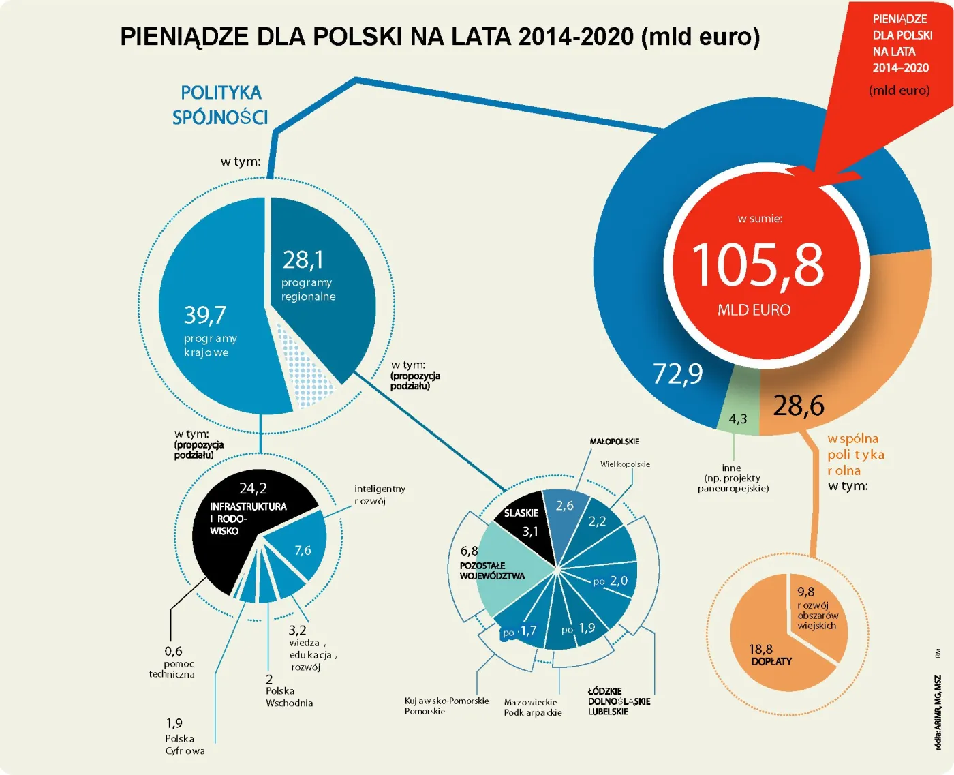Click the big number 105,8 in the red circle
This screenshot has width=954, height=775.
tap(758, 264)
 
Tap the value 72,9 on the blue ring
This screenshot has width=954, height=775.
tap(677, 374)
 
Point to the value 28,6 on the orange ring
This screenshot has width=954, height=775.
tap(798, 406)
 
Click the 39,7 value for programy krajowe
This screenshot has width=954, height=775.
tap(204, 315)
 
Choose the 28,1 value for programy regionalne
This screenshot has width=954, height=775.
tap(303, 260)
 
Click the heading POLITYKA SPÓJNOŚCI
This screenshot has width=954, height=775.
tap(221, 105)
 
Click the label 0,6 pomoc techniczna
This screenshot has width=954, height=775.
tap(172, 662)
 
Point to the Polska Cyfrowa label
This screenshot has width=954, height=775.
tap(185, 744)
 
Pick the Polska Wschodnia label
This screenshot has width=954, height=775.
tap(289, 697)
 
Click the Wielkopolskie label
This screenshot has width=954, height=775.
tap(625, 464)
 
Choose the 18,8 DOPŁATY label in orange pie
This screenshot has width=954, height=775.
tap(770, 655)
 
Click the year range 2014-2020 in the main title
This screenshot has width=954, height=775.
tap(576, 36)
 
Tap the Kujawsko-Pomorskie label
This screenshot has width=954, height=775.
tap(446, 701)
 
